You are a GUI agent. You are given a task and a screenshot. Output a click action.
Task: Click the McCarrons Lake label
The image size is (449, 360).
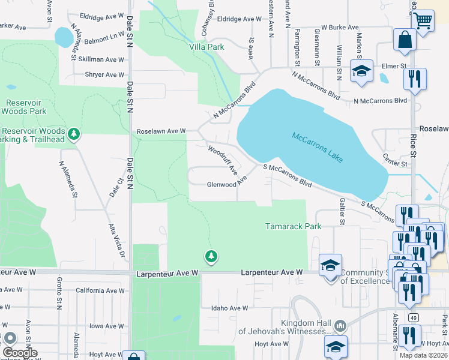(x=318, y=147)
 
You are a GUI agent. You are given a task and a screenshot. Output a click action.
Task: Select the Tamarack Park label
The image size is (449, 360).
(x=294, y=226)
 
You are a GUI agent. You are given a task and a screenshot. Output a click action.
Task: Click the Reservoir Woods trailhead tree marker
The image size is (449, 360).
(x=73, y=133)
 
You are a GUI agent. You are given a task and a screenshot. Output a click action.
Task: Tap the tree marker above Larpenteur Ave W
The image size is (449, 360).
(x=211, y=257)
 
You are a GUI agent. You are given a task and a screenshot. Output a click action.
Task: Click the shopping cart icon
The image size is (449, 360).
(x=423, y=21)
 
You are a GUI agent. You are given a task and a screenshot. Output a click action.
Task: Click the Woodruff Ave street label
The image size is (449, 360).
(x=223, y=160)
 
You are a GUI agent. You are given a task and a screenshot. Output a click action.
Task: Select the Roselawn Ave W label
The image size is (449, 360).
(x=161, y=130)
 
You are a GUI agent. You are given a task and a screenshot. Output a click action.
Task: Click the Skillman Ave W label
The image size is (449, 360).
(x=101, y=59)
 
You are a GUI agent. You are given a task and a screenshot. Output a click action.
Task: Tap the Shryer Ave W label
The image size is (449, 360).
(x=104, y=74)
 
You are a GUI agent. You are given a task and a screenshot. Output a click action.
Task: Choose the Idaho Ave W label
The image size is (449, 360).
(x=229, y=308)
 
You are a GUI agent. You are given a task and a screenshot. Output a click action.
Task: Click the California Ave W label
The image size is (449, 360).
(x=100, y=290)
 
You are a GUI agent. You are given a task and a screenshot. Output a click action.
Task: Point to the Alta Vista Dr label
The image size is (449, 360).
(x=115, y=240)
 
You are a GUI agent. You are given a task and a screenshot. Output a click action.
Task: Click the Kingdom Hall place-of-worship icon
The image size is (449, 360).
(x=340, y=326)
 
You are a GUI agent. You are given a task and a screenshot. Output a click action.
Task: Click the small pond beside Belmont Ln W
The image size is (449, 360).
(x=62, y=37)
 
